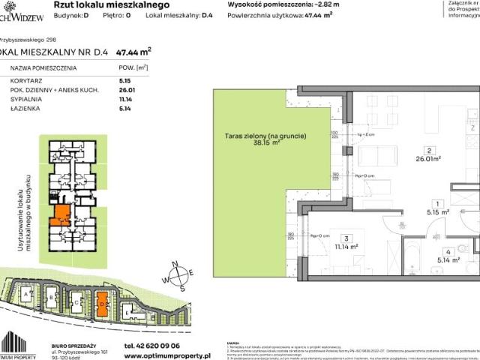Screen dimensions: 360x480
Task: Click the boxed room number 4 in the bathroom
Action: click(x=446, y=252)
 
